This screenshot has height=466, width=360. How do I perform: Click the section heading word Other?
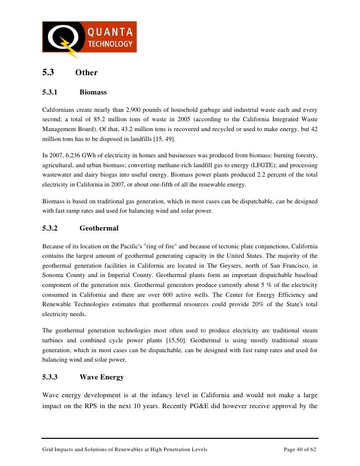coord(87,73)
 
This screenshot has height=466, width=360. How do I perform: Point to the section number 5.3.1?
coord(50,93)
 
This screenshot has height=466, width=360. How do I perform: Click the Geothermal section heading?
coord(99,229)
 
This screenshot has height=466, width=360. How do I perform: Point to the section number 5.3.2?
coord(50,229)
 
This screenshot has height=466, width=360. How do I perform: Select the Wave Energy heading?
coord(101,377)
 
